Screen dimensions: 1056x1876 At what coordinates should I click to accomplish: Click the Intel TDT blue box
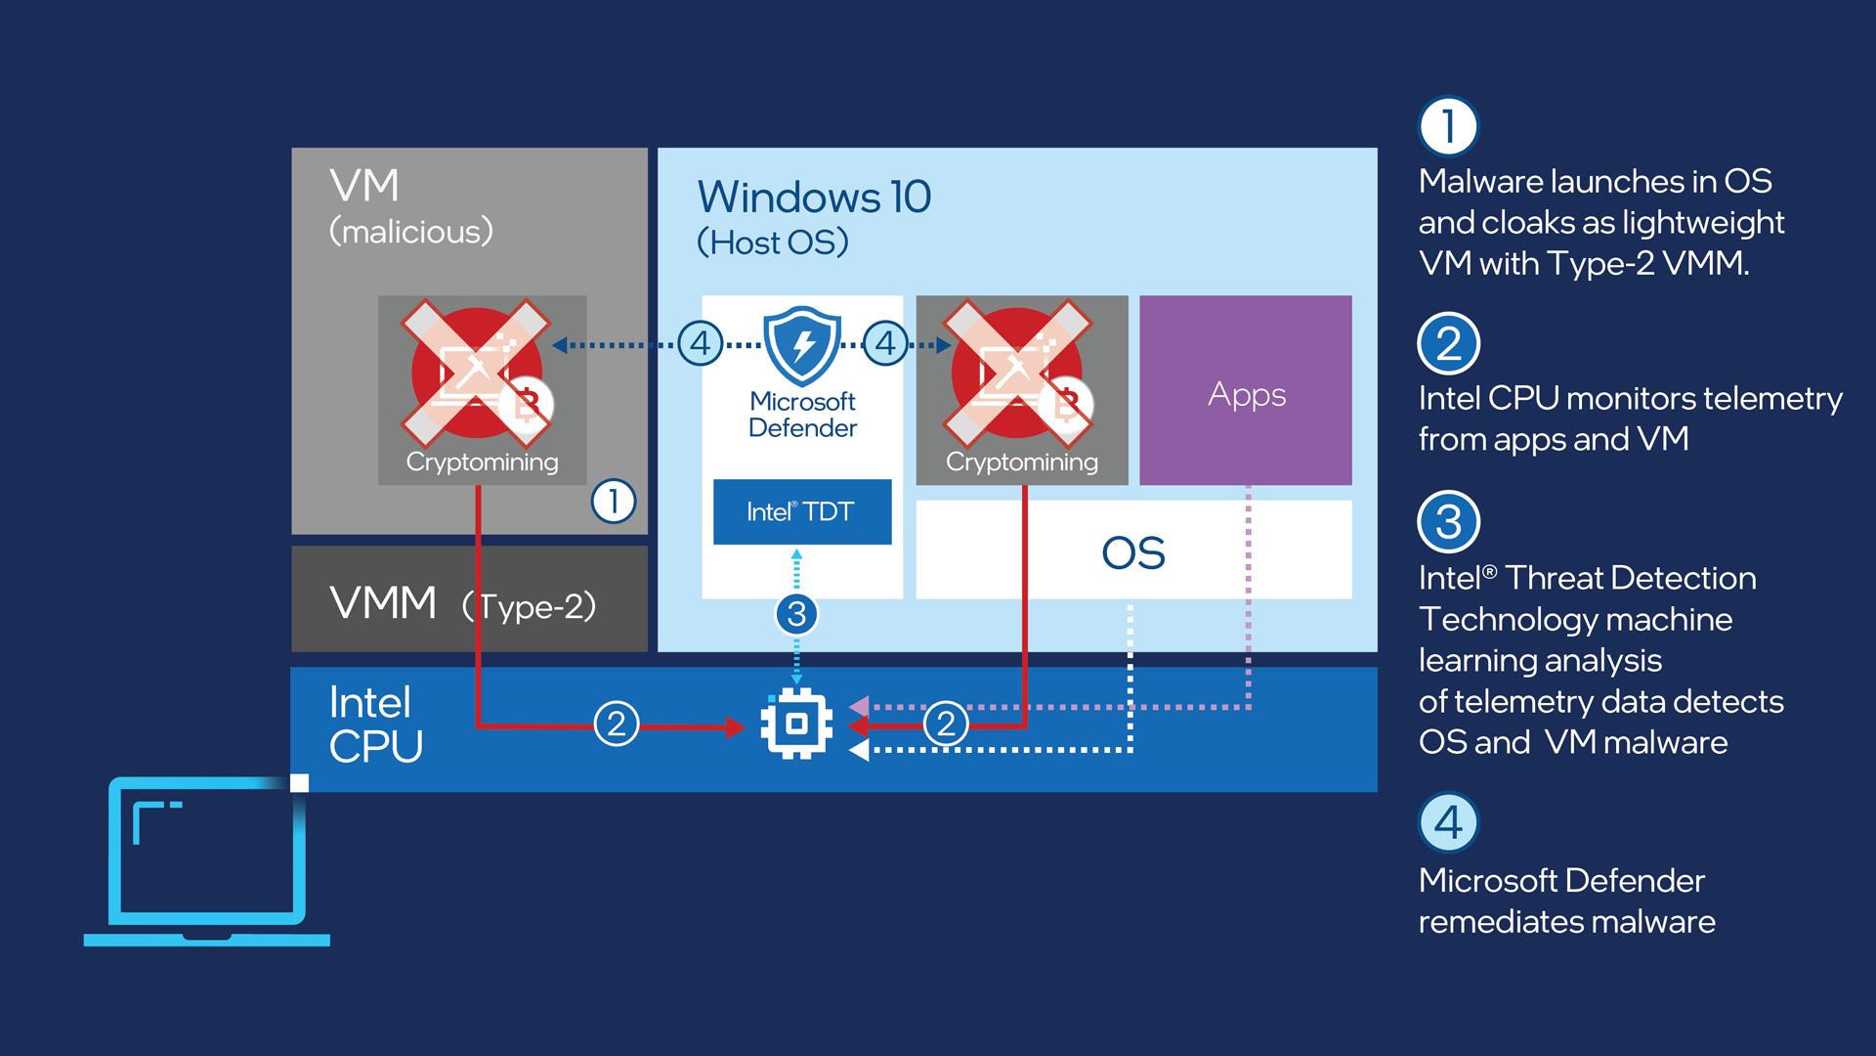click(801, 511)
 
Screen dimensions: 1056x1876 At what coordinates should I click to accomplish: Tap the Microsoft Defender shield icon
click(802, 345)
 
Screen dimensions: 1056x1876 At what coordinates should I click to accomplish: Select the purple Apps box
click(1246, 391)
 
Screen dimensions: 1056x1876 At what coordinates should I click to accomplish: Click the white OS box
click(1133, 551)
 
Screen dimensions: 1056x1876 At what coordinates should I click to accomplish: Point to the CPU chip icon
click(796, 725)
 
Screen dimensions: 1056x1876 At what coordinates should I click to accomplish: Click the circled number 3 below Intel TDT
click(796, 614)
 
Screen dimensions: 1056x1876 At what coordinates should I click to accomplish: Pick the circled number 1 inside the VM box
click(614, 502)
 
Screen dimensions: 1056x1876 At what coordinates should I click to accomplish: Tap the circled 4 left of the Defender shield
click(701, 344)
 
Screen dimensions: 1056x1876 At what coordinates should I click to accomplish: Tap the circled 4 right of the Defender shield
click(885, 344)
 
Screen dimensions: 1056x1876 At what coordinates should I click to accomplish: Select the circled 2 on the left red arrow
click(617, 725)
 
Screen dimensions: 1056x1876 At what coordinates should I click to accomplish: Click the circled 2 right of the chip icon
click(946, 725)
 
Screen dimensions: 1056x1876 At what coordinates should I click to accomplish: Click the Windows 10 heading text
click(814, 198)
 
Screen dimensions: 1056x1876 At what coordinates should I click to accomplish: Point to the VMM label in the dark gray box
click(383, 602)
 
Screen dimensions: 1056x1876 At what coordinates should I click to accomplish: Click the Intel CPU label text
click(375, 725)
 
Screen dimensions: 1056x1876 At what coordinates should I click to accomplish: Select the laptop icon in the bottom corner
click(207, 860)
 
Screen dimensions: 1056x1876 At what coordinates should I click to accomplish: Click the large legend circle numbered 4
click(1448, 822)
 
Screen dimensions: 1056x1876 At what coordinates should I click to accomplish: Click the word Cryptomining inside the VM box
click(482, 462)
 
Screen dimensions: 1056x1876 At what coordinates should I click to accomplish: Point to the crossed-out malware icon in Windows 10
click(1017, 372)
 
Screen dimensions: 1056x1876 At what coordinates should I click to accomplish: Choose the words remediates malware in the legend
click(1566, 922)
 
